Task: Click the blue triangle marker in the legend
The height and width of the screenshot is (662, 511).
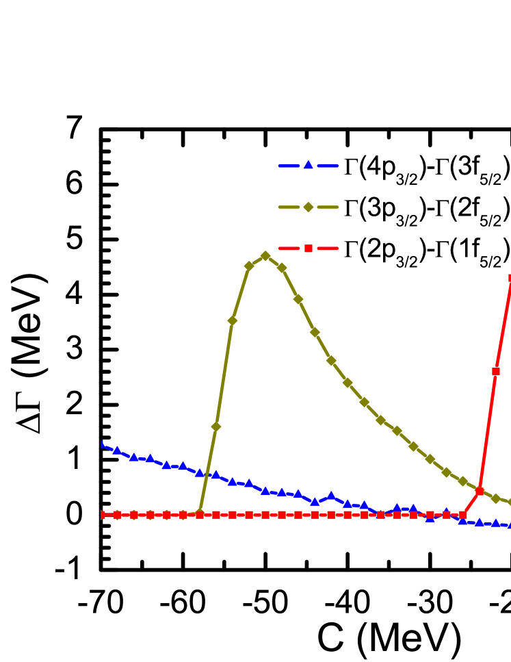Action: pyautogui.click(x=309, y=165)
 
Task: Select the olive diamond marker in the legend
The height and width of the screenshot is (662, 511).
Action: pyautogui.click(x=309, y=207)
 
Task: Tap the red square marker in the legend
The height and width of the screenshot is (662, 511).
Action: pyautogui.click(x=309, y=248)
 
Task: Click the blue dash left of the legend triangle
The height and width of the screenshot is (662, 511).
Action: pyautogui.click(x=289, y=166)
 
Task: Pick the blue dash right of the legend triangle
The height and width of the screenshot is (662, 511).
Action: pyautogui.click(x=328, y=166)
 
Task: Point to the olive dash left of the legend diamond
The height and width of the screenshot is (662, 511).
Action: pyautogui.click(x=289, y=207)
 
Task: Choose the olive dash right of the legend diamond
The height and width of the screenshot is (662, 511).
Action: pyautogui.click(x=328, y=207)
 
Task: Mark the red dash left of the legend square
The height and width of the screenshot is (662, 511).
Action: pyautogui.click(x=289, y=248)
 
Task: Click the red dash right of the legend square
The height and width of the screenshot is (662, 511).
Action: pyautogui.click(x=328, y=248)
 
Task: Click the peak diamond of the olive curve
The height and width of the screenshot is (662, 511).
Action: pyautogui.click(x=265, y=256)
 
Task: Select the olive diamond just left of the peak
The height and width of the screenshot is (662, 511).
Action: pyautogui.click(x=249, y=266)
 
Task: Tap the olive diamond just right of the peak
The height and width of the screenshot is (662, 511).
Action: pyautogui.click(x=282, y=268)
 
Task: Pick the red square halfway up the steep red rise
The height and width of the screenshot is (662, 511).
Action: pyautogui.click(x=496, y=372)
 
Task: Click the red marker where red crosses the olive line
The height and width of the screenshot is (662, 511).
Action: pyautogui.click(x=480, y=491)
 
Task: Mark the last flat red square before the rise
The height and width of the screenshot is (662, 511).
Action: pyautogui.click(x=463, y=515)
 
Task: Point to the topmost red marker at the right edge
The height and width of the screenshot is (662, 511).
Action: pyautogui.click(x=510, y=278)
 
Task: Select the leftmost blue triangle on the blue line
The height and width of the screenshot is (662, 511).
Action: pyautogui.click(x=102, y=445)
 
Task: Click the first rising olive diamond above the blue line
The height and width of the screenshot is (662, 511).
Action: pyautogui.click(x=216, y=427)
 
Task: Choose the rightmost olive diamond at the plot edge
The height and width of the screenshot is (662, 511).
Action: pyautogui.click(x=509, y=502)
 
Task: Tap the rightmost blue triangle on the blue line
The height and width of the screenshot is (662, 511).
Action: pyautogui.click(x=509, y=525)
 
